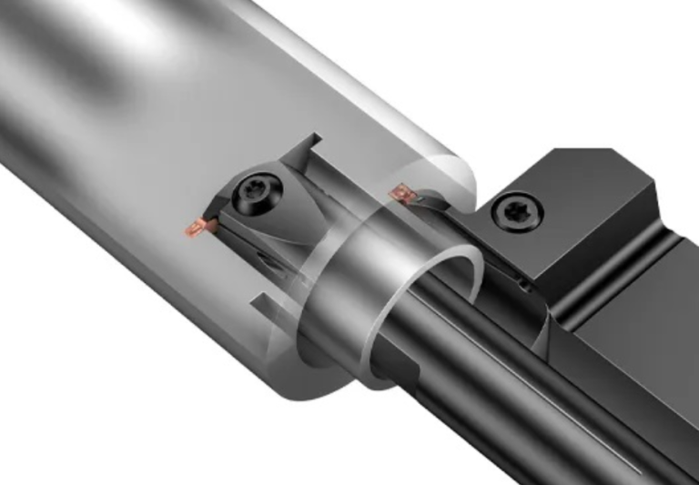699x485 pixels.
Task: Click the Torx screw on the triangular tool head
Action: click(x=249, y=190)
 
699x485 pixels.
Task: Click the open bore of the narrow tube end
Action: click(x=437, y=300)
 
